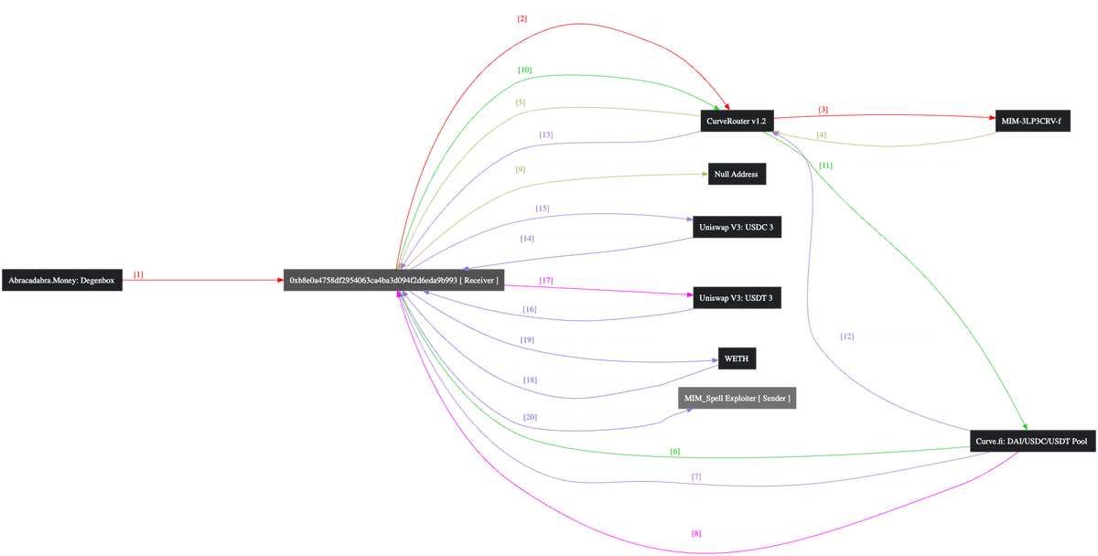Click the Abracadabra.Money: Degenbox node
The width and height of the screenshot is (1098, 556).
point(62,281)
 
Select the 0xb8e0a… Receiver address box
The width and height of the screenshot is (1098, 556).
point(393,281)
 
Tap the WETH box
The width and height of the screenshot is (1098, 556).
point(736,359)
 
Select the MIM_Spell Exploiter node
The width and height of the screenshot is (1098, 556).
point(737,399)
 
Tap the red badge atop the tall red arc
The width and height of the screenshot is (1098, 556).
point(520,17)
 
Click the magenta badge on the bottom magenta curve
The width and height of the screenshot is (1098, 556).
point(694,532)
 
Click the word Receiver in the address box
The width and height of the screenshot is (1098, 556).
point(480,281)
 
